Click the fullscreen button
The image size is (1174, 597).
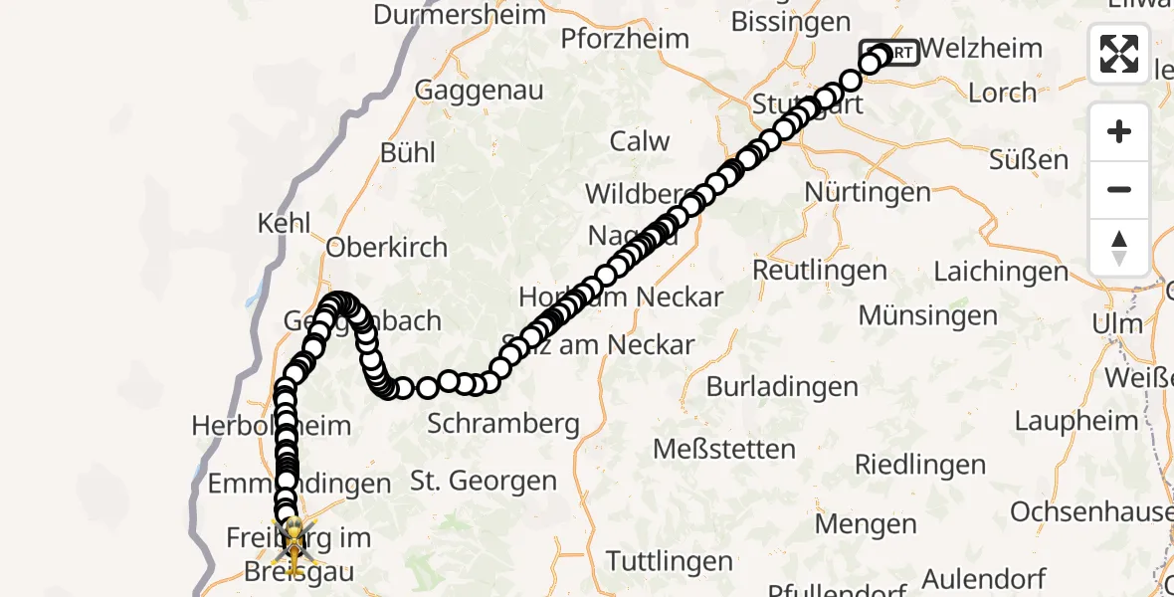[x=1119, y=54]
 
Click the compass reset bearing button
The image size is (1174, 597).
[x=1119, y=248]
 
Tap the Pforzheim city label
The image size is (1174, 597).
[x=625, y=39]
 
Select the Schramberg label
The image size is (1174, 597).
[x=503, y=424]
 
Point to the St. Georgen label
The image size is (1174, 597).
[x=484, y=482]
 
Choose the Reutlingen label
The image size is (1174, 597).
[x=820, y=270]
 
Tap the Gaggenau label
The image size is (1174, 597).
[x=479, y=90]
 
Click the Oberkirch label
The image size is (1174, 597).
[x=387, y=247]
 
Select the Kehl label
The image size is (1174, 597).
[x=285, y=223]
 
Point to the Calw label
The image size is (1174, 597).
[x=640, y=141]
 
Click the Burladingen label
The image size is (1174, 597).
[x=782, y=386]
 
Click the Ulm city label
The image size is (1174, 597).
[x=1116, y=324]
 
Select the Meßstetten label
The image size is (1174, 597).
[x=724, y=449]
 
